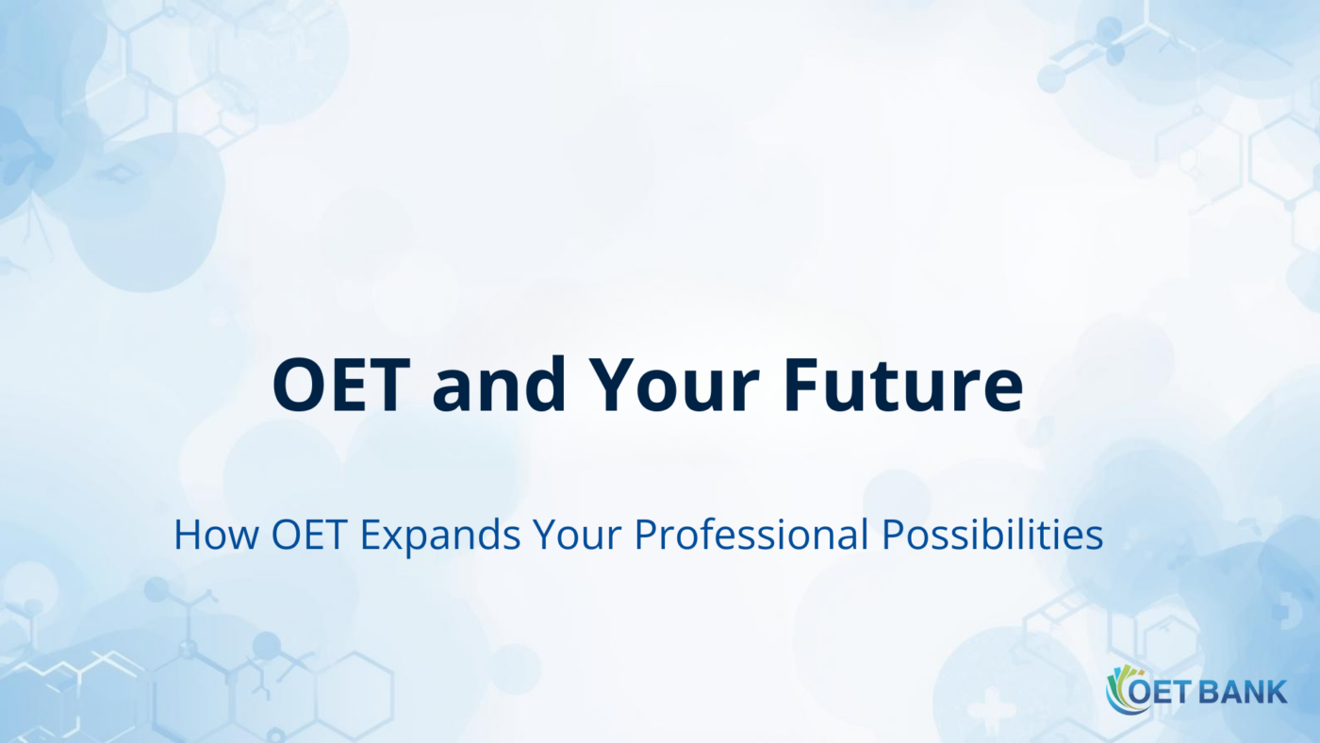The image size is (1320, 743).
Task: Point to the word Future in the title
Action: (x=903, y=387)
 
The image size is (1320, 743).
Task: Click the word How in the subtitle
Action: (x=215, y=536)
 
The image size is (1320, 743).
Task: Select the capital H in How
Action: (x=187, y=536)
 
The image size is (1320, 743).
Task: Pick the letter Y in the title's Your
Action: (x=611, y=387)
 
